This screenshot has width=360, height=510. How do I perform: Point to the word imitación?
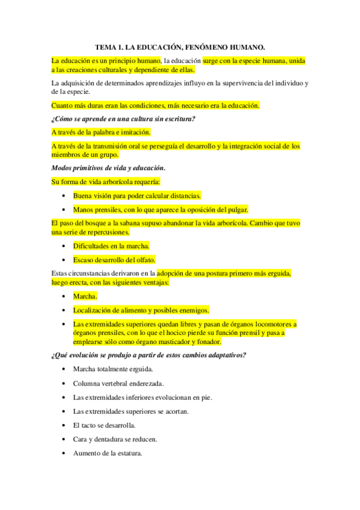133,132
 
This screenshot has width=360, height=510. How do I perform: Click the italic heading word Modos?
63,167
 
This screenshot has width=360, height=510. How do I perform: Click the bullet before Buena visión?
64,196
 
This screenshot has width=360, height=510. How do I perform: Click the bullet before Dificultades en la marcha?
64,246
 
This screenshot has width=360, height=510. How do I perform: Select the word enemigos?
192,310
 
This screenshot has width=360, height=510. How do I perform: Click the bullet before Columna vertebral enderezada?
64,383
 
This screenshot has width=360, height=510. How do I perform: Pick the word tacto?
90,425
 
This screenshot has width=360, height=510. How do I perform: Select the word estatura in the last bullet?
127,453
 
